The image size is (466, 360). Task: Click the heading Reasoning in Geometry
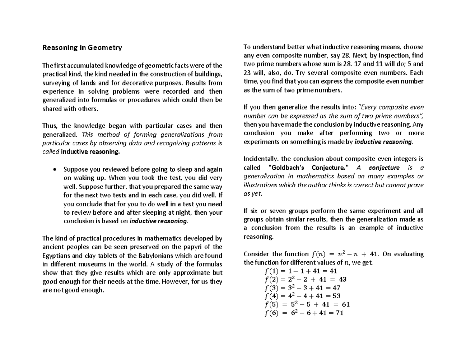click(x=82, y=48)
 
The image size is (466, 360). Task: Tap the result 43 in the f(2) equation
click(x=343, y=279)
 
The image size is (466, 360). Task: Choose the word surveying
click(x=56, y=83)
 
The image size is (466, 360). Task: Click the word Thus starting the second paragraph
click(x=49, y=126)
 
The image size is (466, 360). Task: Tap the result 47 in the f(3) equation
click(x=336, y=288)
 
